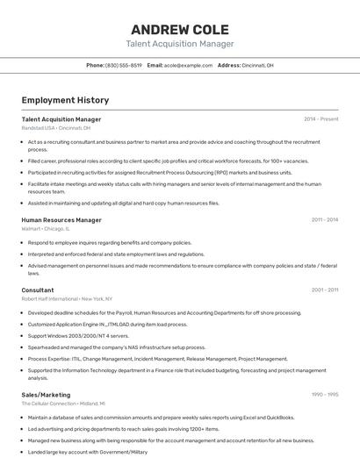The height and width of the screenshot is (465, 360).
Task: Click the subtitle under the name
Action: (180, 44)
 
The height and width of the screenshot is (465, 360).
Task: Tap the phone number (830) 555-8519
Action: (124, 65)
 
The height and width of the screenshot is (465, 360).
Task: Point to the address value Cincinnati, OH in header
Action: (258, 65)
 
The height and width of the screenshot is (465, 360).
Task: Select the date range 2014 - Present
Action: (320, 119)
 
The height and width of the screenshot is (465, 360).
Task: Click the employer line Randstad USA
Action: (56, 128)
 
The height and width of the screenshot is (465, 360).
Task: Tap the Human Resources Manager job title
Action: (61, 220)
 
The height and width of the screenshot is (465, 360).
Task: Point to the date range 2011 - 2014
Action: (325, 220)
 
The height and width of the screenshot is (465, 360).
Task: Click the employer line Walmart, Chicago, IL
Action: (46, 229)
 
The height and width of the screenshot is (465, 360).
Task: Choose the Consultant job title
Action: (38, 290)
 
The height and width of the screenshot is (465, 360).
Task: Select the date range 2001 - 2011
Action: (325, 290)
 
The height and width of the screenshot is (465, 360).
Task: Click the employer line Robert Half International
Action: (67, 299)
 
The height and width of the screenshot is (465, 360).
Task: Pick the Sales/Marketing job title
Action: (46, 395)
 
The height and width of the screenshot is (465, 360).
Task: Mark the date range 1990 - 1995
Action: (325, 395)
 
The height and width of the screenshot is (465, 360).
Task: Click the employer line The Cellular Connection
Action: (63, 404)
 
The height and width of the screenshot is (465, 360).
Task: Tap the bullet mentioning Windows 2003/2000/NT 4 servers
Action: (78, 336)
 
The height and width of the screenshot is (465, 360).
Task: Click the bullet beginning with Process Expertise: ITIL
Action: (157, 359)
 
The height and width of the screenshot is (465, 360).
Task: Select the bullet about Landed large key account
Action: (88, 452)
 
